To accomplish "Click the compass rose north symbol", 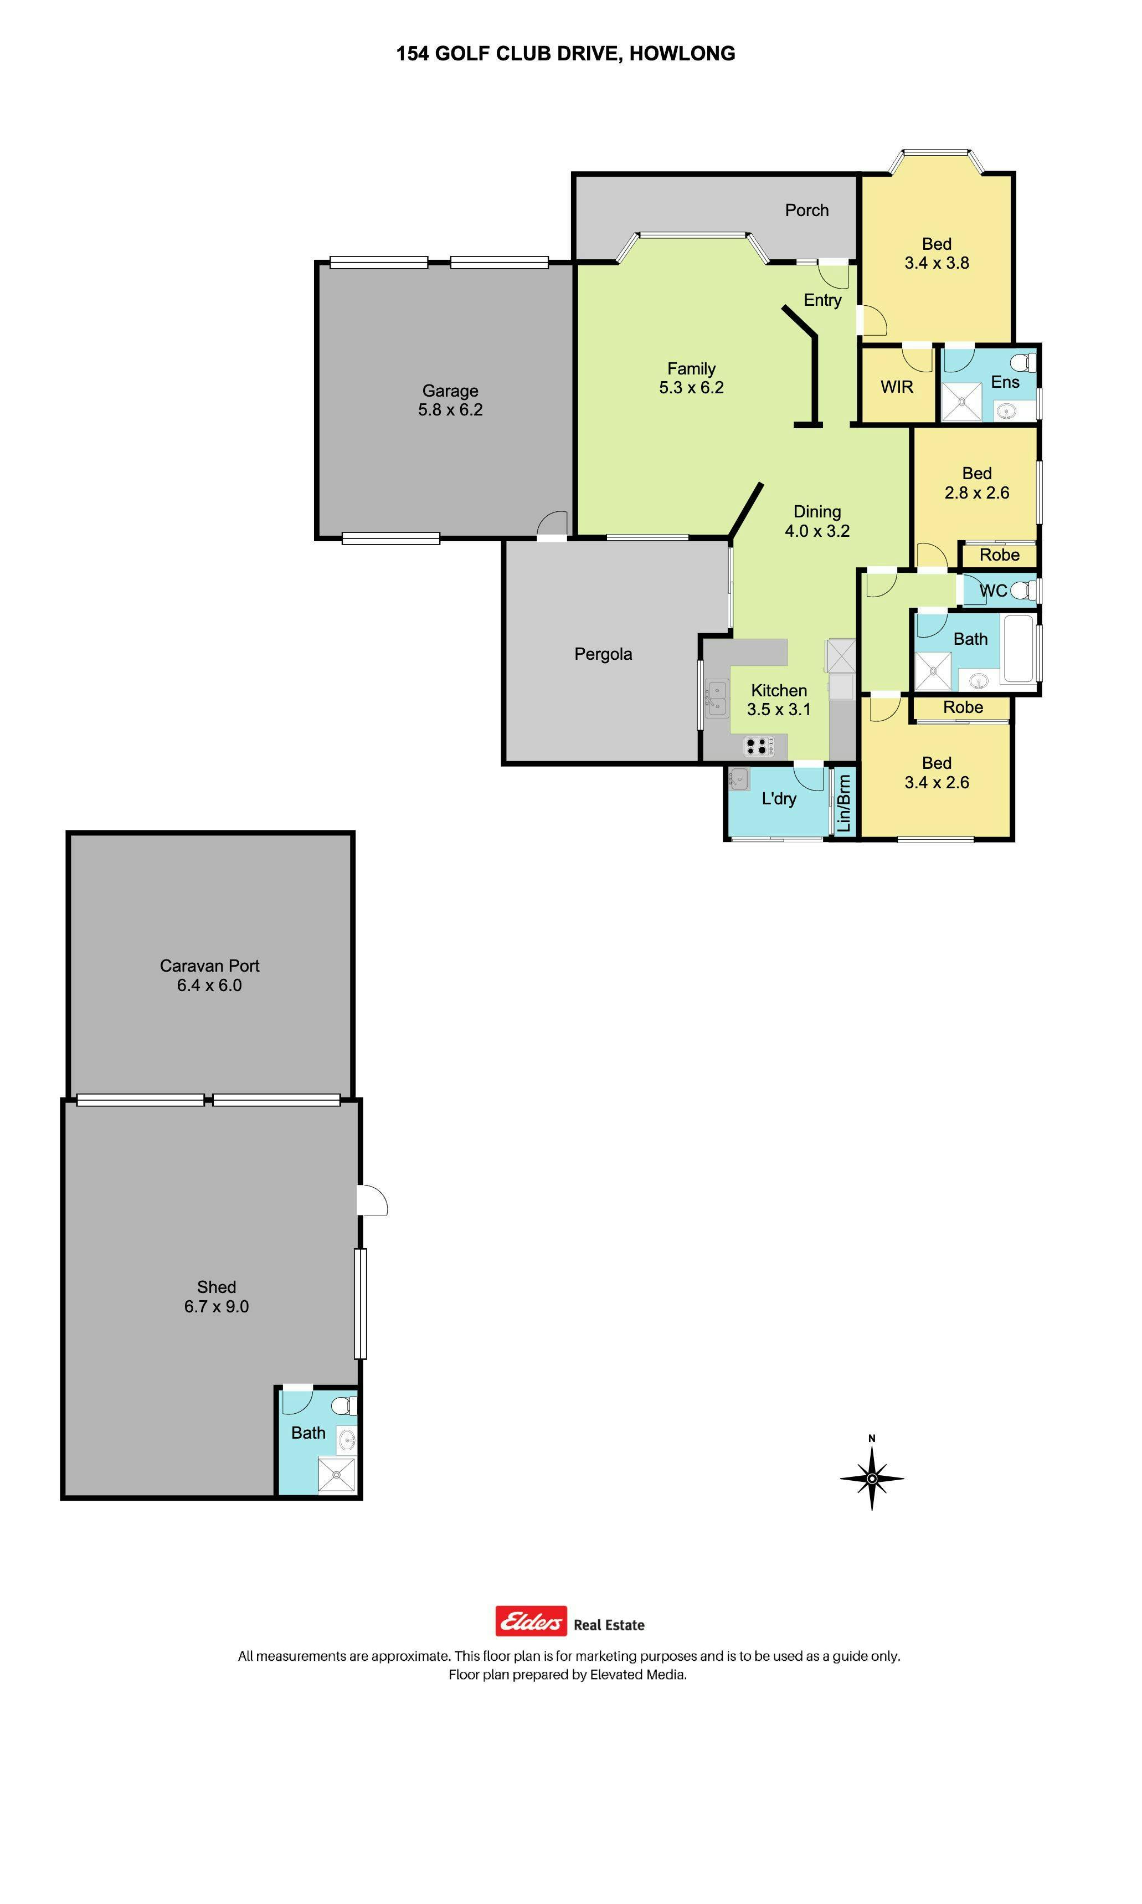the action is point(871,1477).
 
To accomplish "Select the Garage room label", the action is point(450,391).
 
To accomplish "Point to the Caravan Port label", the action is point(209,966).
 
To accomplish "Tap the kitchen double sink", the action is point(717,698).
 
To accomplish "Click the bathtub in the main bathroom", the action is point(1019,648).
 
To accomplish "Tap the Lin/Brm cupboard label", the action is point(843,803).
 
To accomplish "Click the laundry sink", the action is point(739,779).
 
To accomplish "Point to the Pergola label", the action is point(603,654).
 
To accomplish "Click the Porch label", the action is point(806,210).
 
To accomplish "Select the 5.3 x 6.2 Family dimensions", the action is point(691,387).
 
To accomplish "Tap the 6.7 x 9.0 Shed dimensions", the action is point(216,1306).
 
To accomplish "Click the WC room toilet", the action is point(1023,591).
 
